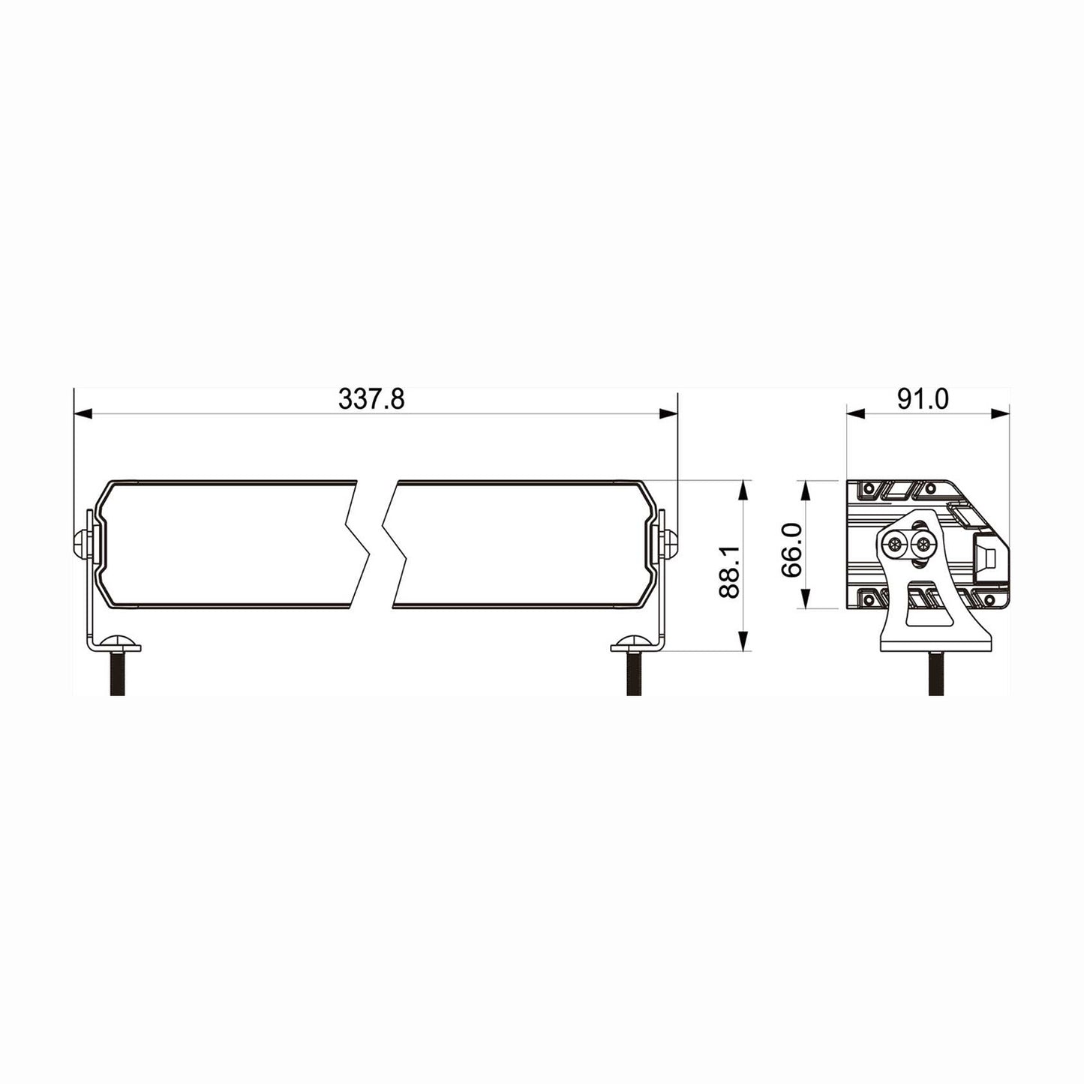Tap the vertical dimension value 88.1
coord(728,572)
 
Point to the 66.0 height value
coord(791,550)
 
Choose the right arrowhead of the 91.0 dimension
coord(1001,413)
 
